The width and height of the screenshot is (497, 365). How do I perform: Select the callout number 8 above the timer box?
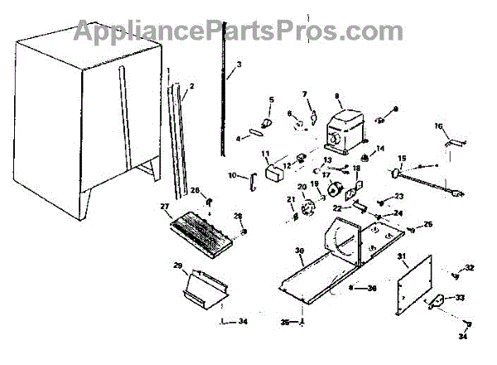coord(337,96)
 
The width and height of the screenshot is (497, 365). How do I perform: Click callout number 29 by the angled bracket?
coord(176,265)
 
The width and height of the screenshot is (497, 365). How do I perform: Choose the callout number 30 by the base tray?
coord(298,250)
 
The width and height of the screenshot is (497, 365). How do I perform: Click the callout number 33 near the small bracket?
coord(460,297)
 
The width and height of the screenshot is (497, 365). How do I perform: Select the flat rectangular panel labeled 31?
coord(415,286)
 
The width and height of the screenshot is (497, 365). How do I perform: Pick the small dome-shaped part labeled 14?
coord(364,158)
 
